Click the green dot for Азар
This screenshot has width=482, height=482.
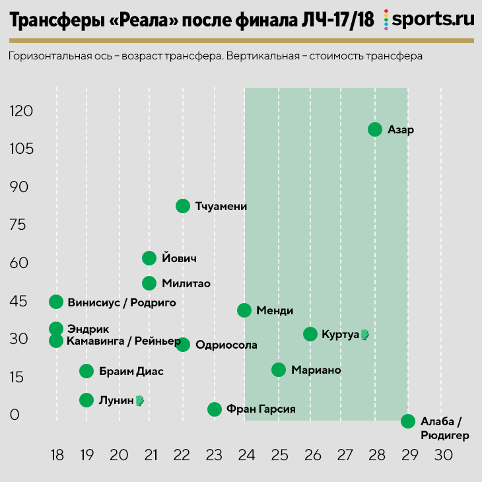pos(375,129)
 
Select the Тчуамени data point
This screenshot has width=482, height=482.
pos(183,206)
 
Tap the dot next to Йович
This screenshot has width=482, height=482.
pos(149,258)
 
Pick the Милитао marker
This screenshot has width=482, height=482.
pos(149,283)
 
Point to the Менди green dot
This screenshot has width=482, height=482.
pos(244,310)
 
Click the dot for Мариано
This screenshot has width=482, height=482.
pos(279,370)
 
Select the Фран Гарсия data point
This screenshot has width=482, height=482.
pos(214,409)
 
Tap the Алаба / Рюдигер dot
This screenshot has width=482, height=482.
pos(408,421)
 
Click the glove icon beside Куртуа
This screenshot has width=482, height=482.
pos(364,335)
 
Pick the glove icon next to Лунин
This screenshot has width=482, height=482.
pos(139,400)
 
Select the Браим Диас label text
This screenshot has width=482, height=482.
pos(131,371)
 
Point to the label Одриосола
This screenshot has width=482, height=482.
pos(226,345)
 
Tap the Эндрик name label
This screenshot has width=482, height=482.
pos(88,329)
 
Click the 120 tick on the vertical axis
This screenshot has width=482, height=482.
pos(20,111)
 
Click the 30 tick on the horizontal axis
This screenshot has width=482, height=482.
pos(442,455)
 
